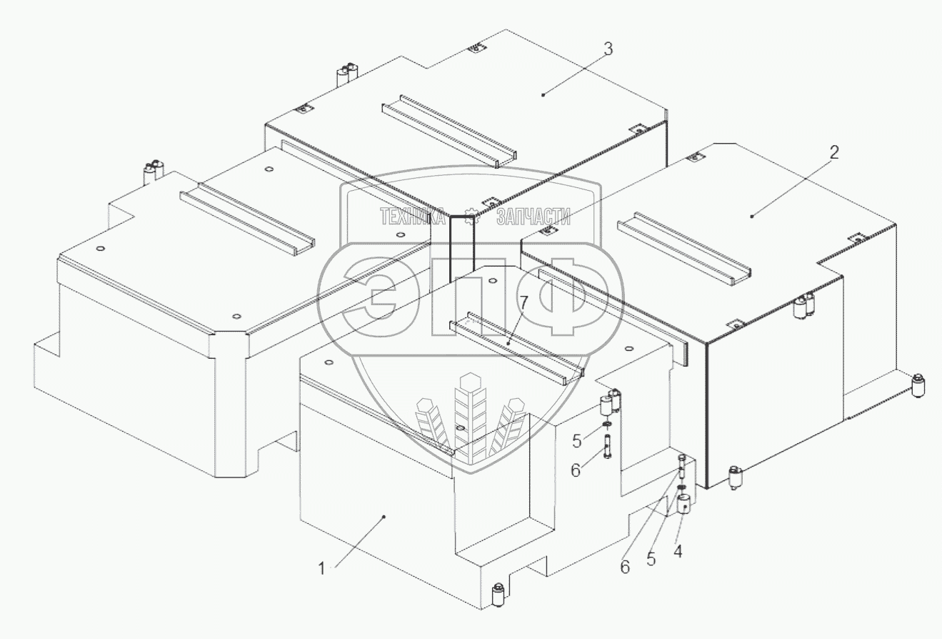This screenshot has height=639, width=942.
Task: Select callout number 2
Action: click(833, 152)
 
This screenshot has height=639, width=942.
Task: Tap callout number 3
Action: click(608, 49)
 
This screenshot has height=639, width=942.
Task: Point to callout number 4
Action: click(678, 551)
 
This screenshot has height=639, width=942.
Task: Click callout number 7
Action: click(523, 303)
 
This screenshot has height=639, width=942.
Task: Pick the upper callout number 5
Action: click(576, 442)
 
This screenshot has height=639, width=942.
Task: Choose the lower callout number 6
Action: click(625, 568)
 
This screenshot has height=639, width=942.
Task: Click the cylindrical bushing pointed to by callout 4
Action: click(685, 503)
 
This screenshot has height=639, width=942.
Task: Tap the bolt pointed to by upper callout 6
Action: click(608, 447)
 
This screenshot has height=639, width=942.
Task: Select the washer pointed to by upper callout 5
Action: click(607, 423)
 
